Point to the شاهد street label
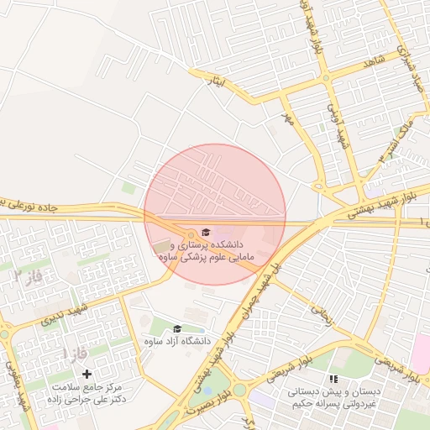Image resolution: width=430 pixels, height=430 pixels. pos(372,62)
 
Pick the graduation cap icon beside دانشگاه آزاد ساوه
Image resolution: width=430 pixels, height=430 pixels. pos(177,329)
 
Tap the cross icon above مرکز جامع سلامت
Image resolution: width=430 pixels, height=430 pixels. pos(87,372)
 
